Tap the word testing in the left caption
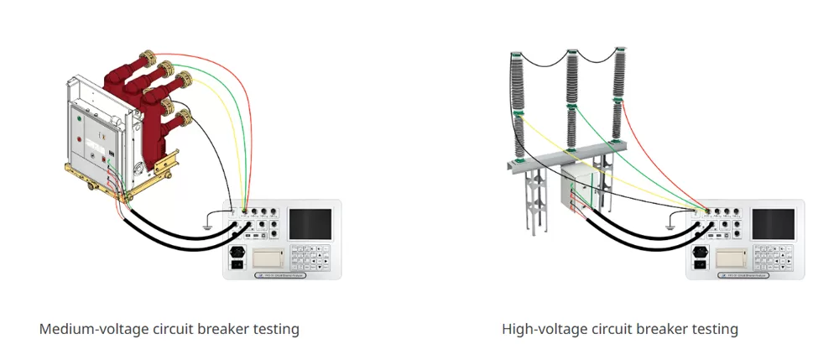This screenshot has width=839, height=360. pos(274,329)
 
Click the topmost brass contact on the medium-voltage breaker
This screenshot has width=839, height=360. pos(149,61)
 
